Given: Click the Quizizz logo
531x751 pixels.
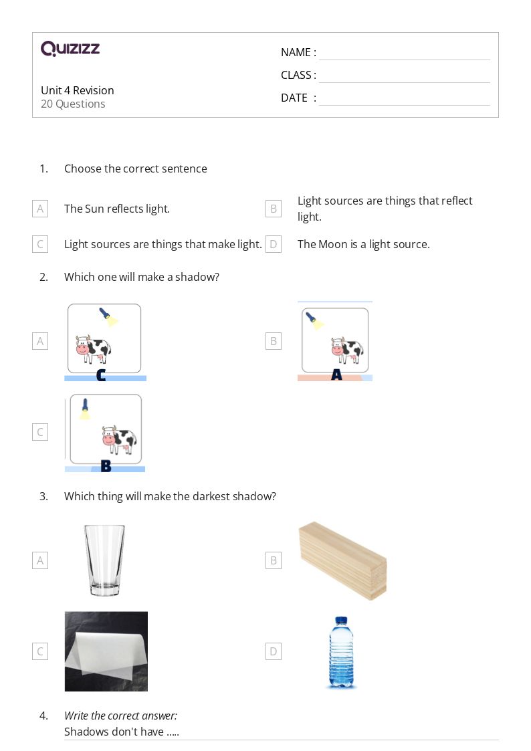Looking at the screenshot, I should [x=70, y=49].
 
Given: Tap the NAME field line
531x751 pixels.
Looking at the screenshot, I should [x=404, y=53].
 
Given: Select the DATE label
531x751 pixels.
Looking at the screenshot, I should [x=294, y=98].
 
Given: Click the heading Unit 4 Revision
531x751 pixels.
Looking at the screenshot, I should [x=78, y=90].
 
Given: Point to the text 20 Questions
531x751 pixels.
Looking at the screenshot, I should [x=73, y=104].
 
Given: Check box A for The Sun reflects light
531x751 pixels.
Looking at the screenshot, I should [x=40, y=209].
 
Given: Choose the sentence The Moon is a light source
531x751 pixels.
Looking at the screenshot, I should [x=363, y=244].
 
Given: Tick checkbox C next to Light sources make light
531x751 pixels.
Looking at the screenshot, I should [x=40, y=244].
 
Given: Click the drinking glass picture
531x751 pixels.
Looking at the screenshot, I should [x=104, y=560].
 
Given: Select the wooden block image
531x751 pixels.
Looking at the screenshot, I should [x=342, y=560].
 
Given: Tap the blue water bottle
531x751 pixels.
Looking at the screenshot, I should [x=342, y=652].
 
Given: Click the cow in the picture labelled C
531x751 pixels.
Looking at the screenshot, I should [x=93, y=349].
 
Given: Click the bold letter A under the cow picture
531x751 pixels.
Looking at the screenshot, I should [x=336, y=376].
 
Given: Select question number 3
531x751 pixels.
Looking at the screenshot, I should [x=43, y=496].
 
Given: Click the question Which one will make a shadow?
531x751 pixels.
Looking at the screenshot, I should [x=141, y=277].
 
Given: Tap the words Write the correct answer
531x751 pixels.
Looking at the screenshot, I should [x=120, y=716].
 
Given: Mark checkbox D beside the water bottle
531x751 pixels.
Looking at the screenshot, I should [x=273, y=651].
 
